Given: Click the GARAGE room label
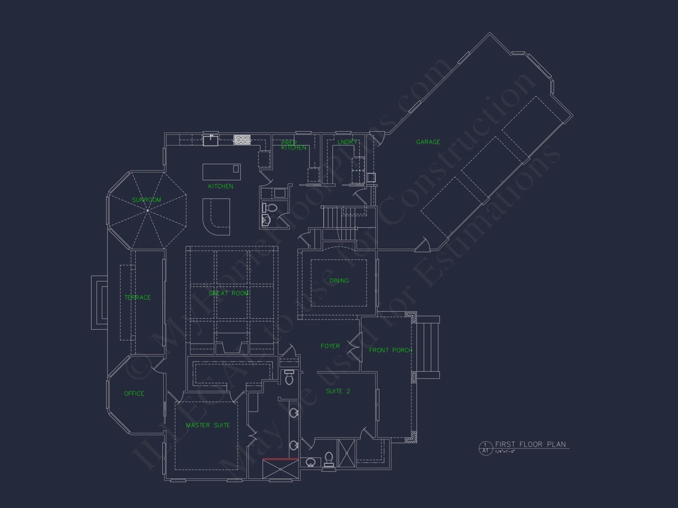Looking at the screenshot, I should tap(428, 142).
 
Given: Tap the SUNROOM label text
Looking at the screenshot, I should tap(146, 200).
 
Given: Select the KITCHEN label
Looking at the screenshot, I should tap(221, 186).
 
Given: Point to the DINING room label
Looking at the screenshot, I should tap(339, 280).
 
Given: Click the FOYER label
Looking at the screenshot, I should tap(330, 346).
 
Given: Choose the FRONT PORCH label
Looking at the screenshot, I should tap(391, 350).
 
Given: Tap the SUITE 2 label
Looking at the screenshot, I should tap(338, 391).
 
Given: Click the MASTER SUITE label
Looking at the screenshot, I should tap(208, 425).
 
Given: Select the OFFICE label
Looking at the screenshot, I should tap(134, 394).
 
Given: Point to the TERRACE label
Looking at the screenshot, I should tap(138, 297).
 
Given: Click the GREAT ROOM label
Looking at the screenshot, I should tap(228, 293).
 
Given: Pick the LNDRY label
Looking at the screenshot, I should tap(347, 142).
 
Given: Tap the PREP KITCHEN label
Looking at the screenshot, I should tap(294, 145).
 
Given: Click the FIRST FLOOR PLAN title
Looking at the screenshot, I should tap(531, 444).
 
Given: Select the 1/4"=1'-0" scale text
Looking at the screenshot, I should tap(505, 451).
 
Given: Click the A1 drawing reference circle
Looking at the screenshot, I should tap(485, 448).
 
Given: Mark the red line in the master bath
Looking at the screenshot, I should tap(280, 459).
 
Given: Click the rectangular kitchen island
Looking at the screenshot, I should tap(221, 172).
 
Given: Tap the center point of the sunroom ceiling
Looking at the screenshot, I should tap(148, 211).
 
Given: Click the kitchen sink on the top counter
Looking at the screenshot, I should tap(210, 140).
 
